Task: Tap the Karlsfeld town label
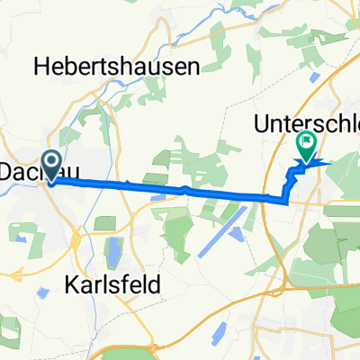(113, 285)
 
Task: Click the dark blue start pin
(50, 164)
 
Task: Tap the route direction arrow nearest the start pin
(127, 185)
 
